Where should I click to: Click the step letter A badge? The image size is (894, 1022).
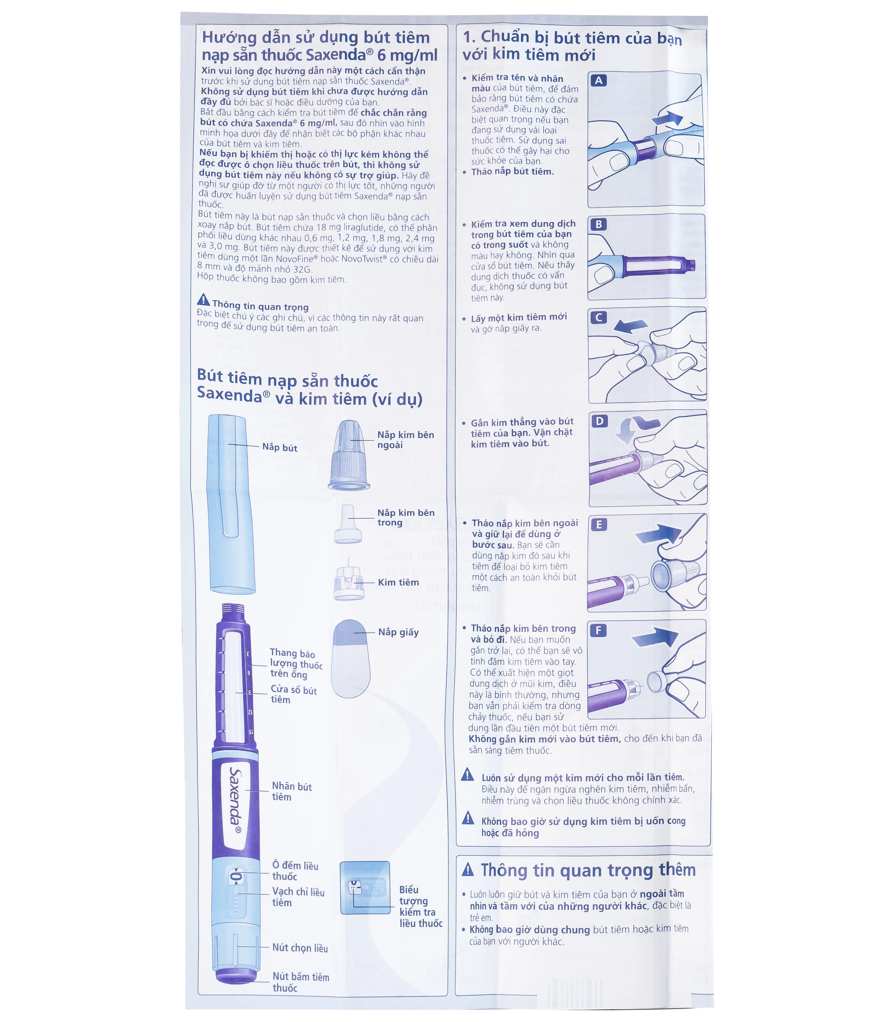(599, 80)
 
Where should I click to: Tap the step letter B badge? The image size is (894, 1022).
(599, 224)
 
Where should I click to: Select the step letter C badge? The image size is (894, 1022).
(599, 318)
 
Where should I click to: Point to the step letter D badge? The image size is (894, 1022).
(599, 421)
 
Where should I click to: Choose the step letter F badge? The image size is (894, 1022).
(598, 630)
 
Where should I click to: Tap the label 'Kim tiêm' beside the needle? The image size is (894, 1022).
(398, 582)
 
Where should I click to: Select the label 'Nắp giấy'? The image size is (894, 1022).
(398, 632)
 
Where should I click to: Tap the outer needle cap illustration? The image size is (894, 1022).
(349, 455)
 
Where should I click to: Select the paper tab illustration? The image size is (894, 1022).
(351, 658)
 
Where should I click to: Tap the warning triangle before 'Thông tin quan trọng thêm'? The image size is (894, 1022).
(468, 869)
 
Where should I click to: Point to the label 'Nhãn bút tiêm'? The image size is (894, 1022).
(291, 792)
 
